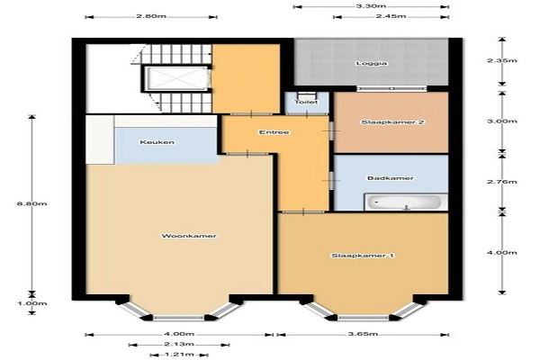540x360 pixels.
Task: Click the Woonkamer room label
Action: tap(189, 236)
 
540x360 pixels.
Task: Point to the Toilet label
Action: tap(306, 102)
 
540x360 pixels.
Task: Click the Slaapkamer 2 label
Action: tap(392, 122)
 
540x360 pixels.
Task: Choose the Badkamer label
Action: tap(391, 178)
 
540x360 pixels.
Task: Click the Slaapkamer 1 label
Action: tap(363, 256)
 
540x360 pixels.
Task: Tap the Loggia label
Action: tap(372, 63)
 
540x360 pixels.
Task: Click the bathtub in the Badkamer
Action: tap(403, 202)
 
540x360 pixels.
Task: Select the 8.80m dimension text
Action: tap(32, 203)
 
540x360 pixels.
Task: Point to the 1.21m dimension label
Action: tap(179, 355)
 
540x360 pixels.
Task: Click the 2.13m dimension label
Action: tap(179, 344)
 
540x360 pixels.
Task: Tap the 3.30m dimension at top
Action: tap(371, 6)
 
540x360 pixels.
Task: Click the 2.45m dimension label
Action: tap(391, 16)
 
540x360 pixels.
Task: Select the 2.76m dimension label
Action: tap(502, 182)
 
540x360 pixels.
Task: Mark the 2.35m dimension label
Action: tap(502, 60)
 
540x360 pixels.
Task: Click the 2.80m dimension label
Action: tap(151, 16)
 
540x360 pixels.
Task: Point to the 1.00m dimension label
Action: tap(32, 303)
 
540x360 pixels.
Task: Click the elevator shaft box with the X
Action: tap(175, 78)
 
